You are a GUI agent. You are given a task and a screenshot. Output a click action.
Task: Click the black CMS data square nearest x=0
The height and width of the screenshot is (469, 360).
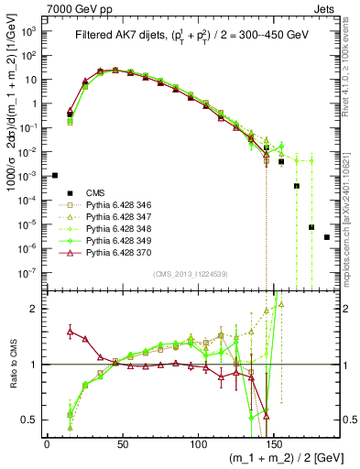pos(55,175)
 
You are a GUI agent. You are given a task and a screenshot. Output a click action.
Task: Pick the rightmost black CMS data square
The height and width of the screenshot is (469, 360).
pos(327,237)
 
